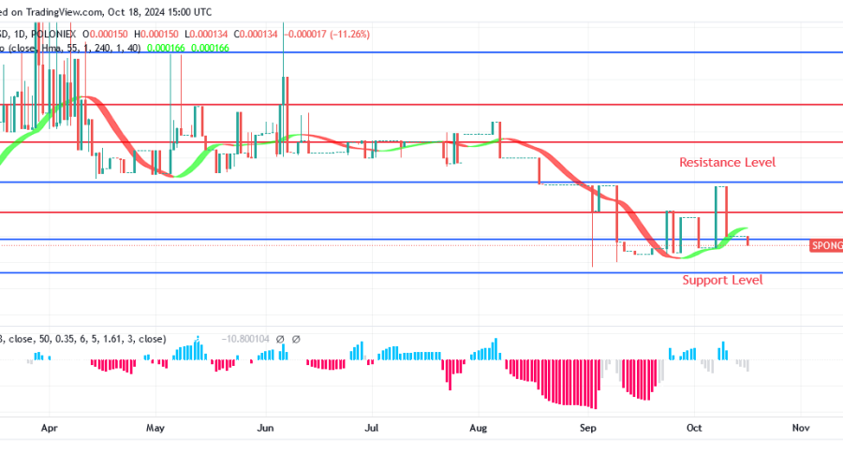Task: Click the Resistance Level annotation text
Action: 728,163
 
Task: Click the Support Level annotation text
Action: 721,280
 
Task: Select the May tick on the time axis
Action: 155,427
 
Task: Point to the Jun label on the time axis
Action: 265,427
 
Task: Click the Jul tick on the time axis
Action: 372,427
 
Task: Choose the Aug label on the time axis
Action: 479,427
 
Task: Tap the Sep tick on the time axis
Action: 588,427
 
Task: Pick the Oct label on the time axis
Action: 693,427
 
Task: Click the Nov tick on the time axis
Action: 801,427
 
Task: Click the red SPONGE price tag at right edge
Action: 825,245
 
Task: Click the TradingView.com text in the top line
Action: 63,11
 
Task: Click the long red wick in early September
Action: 593,239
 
